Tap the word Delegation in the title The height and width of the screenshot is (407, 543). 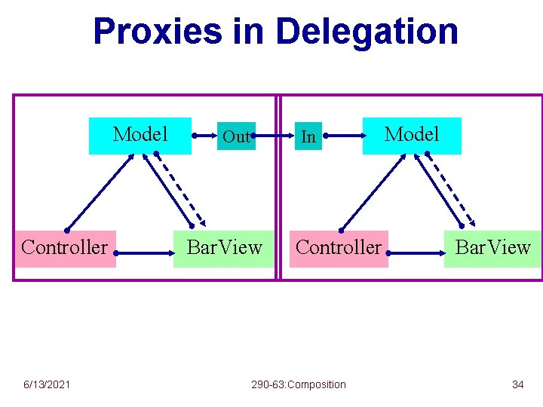[367, 32]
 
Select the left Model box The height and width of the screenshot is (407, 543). [140, 136]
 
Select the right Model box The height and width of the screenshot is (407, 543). [412, 136]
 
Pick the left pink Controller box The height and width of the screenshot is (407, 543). [65, 248]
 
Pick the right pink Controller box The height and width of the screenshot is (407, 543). [339, 248]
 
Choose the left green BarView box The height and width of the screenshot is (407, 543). [224, 248]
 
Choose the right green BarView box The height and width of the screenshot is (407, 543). [493, 248]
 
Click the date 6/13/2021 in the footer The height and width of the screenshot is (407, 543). [46, 384]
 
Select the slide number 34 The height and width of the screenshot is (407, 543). [517, 384]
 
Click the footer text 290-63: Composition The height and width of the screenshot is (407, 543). [299, 384]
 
